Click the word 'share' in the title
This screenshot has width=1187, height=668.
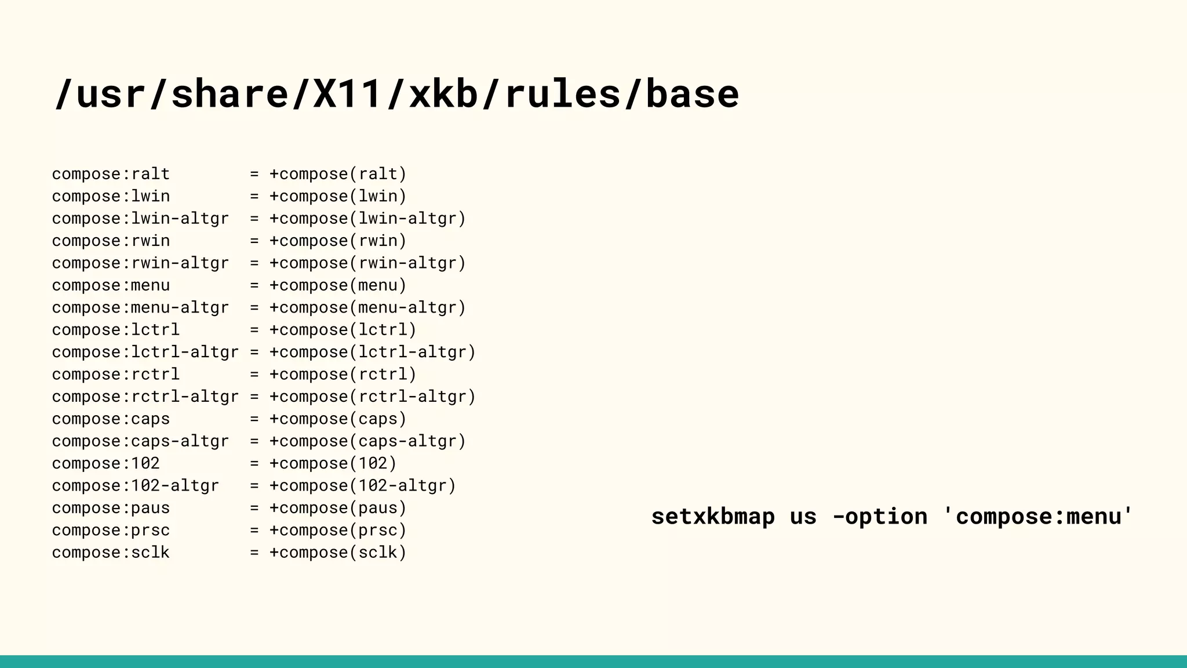[x=230, y=94]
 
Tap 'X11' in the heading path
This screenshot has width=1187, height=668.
[x=348, y=94]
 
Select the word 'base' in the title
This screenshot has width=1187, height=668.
[x=692, y=94]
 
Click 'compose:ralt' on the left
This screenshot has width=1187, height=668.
[x=111, y=174]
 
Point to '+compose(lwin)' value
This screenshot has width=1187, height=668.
[x=338, y=196]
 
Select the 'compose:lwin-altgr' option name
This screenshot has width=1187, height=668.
[x=140, y=219]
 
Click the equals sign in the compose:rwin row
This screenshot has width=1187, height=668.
[x=254, y=241]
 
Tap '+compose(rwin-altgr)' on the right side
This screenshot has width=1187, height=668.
[x=367, y=263]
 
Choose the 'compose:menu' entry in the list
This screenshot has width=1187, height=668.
[x=111, y=285]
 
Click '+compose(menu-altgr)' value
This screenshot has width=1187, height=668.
[x=367, y=307]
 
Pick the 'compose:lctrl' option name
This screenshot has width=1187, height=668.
[x=116, y=330]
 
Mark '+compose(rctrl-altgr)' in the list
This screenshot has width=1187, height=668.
[x=372, y=397]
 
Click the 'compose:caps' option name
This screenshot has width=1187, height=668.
[x=111, y=419]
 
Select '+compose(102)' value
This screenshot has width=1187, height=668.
[x=333, y=463]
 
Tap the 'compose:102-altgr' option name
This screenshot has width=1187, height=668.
[x=136, y=485]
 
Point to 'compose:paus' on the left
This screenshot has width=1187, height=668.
[x=111, y=508]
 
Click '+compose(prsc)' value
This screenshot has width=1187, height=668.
[x=338, y=530]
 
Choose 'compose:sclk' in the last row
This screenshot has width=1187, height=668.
[x=111, y=552]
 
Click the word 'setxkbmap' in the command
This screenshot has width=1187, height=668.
[x=713, y=516]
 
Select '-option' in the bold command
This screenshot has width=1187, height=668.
[x=880, y=516]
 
